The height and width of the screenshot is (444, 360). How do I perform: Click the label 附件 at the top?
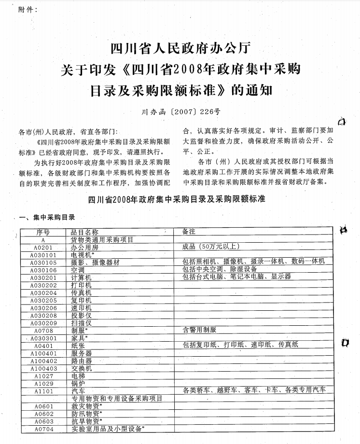26,9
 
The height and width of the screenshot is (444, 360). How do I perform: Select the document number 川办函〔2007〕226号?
180,111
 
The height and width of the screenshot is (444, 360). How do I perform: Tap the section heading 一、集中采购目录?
47,217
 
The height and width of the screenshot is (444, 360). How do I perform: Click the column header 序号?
43,232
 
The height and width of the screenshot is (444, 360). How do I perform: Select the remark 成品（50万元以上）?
211,247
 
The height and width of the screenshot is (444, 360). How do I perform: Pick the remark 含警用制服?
199,330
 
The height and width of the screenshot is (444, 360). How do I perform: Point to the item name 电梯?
78,375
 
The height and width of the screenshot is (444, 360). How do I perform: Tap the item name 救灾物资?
86,406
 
